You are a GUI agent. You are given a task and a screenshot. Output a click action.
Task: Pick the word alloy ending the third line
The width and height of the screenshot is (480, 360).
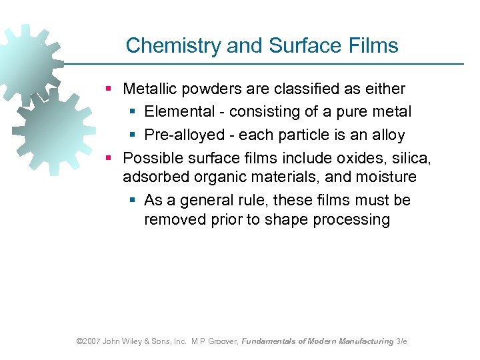(387, 135)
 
